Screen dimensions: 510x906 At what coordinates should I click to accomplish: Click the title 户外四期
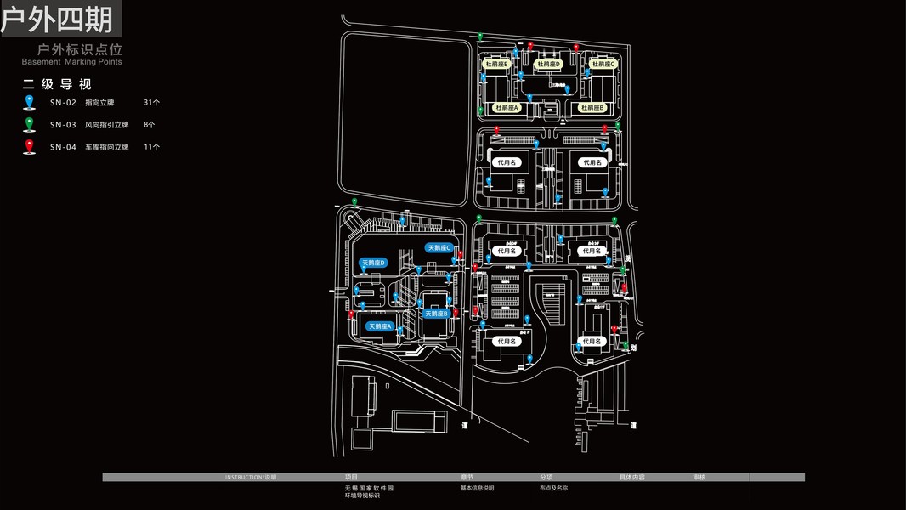click(x=58, y=19)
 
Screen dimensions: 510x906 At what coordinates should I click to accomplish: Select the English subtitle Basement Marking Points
click(x=72, y=62)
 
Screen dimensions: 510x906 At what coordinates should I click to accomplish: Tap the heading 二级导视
click(x=57, y=84)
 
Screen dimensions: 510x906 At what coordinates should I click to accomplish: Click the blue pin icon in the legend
click(x=30, y=102)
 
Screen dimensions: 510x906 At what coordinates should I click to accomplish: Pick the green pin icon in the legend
click(x=30, y=124)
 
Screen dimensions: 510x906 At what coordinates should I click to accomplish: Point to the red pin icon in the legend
click(x=30, y=146)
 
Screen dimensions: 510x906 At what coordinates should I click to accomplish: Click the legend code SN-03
click(x=63, y=125)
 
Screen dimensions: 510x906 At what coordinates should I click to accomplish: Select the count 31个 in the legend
click(x=152, y=103)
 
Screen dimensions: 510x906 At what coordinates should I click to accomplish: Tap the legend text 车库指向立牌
click(x=106, y=147)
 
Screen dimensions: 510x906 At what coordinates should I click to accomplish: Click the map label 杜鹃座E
click(x=496, y=64)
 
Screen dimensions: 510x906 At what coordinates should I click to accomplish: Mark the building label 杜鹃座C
click(x=603, y=64)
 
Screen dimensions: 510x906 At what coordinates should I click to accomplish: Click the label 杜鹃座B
click(x=591, y=108)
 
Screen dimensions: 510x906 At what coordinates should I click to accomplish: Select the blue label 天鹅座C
click(x=439, y=248)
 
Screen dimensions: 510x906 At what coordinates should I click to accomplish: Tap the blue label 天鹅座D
click(x=374, y=263)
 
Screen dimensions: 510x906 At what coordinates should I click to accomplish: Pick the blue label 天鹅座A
click(x=379, y=326)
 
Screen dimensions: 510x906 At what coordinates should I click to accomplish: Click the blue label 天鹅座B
click(x=435, y=314)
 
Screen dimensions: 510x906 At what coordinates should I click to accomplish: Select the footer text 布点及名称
click(x=553, y=488)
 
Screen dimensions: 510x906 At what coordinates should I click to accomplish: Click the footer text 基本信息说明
click(x=477, y=488)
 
